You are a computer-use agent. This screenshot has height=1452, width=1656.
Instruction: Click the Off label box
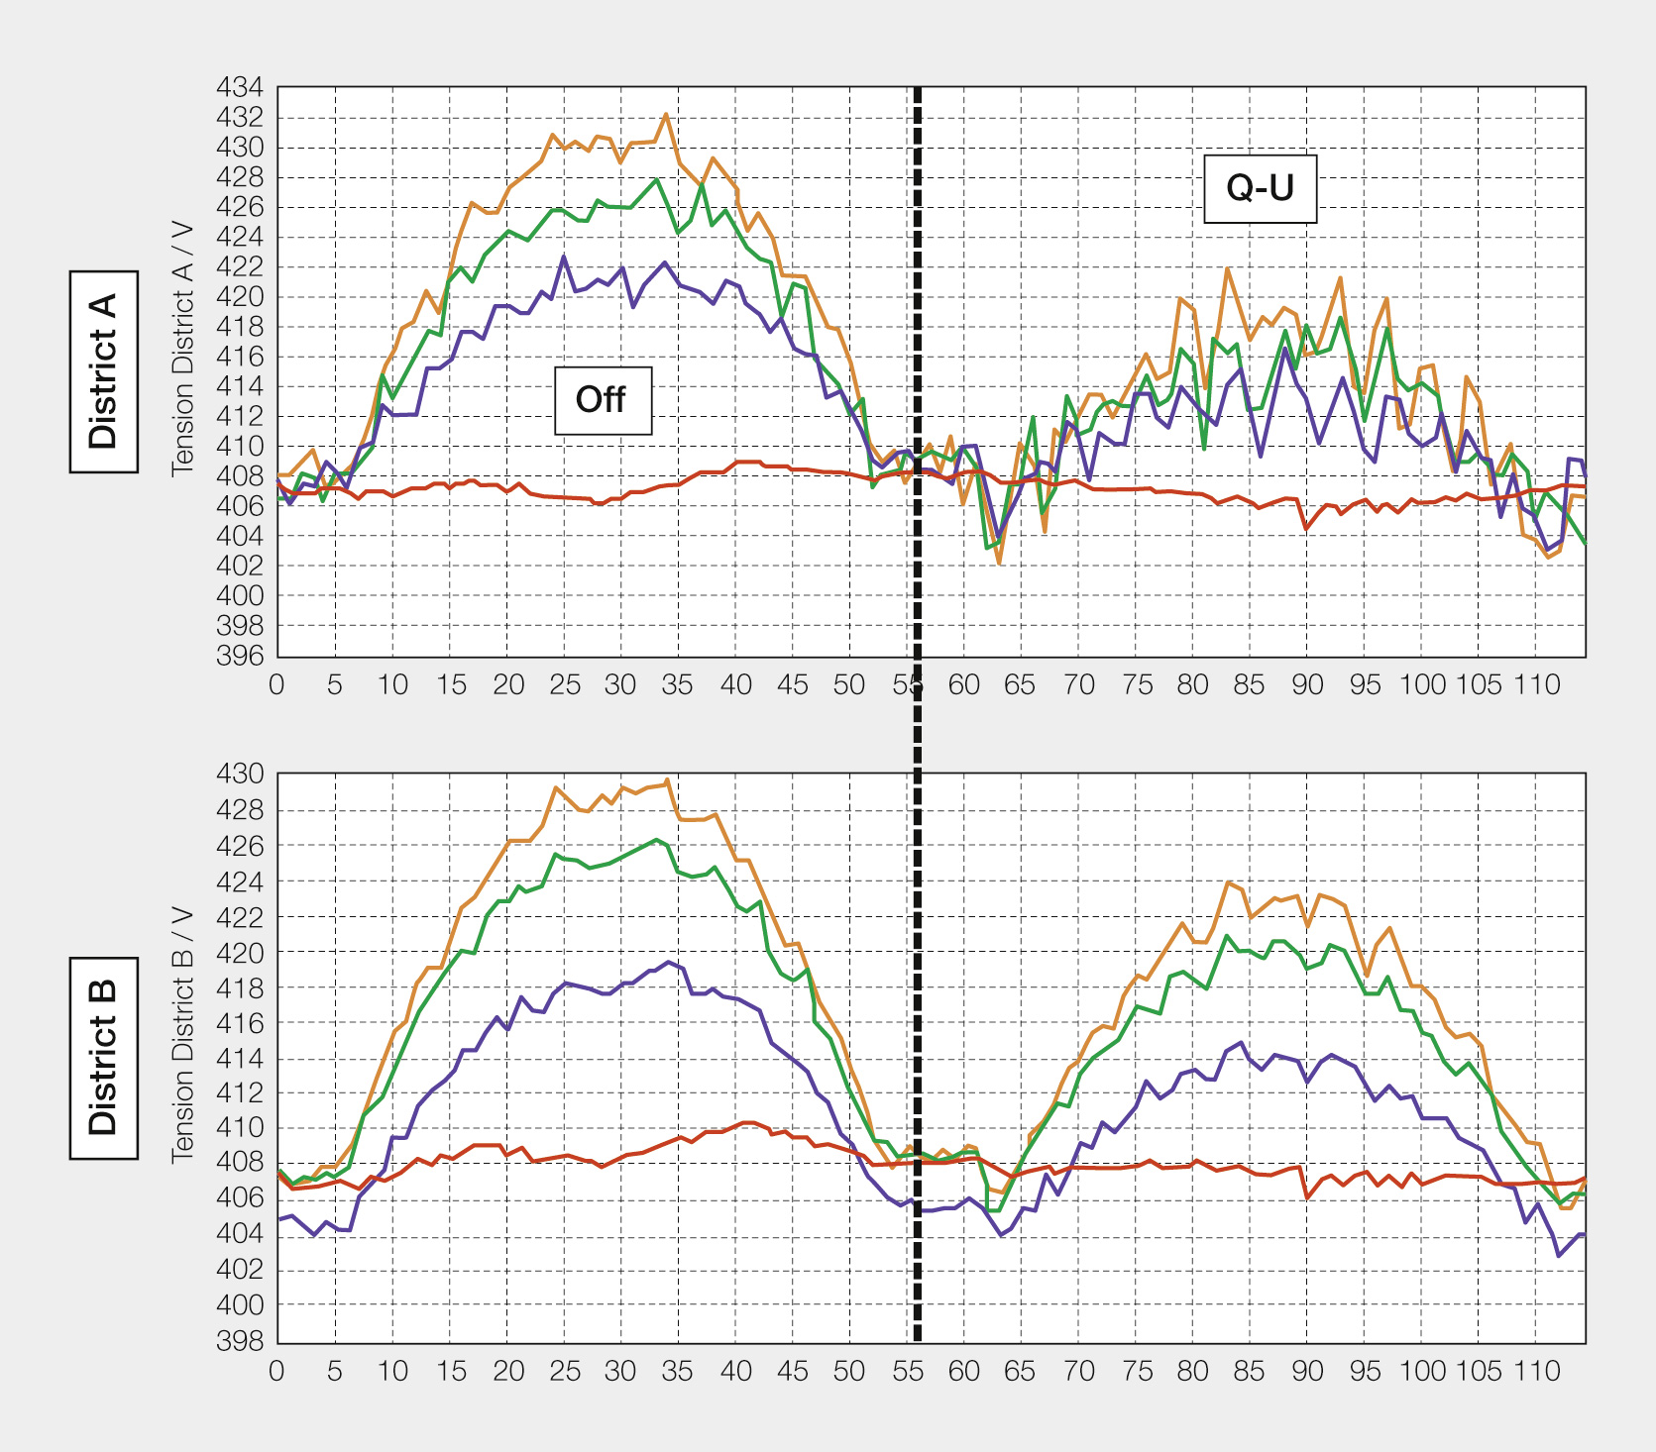[603, 400]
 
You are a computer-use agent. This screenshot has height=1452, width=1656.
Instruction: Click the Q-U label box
[1260, 188]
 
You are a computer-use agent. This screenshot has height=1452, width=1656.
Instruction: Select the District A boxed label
[104, 370]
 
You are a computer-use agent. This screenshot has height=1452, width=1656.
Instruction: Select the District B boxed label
[104, 1057]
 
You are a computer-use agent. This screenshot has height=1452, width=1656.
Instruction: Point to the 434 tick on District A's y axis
[240, 88]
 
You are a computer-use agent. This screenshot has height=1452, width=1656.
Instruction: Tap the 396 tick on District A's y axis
[240, 656]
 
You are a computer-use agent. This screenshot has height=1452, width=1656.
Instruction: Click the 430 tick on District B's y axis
[240, 775]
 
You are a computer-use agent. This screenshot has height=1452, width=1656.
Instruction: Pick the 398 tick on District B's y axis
[240, 1341]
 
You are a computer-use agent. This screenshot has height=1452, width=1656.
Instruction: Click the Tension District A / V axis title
[182, 349]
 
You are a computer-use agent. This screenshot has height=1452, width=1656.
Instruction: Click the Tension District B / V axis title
[182, 1034]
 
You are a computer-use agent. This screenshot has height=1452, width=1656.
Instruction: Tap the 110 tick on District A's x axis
[1536, 684]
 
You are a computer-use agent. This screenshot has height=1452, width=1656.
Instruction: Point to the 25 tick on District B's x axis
[565, 1371]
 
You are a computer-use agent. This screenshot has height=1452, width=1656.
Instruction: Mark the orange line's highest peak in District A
[666, 114]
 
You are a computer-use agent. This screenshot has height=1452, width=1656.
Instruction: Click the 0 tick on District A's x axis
[277, 684]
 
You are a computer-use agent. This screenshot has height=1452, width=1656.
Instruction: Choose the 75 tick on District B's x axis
[1137, 1371]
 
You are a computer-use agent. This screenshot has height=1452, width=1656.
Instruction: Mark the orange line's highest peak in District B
[668, 779]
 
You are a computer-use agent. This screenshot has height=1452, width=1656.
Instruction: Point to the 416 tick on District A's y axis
[240, 357]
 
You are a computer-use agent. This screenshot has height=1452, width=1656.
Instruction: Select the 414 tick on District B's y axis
[240, 1058]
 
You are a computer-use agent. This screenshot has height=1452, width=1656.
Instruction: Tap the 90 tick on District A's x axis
[1307, 684]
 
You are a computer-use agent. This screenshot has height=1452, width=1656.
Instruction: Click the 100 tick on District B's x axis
[1422, 1371]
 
